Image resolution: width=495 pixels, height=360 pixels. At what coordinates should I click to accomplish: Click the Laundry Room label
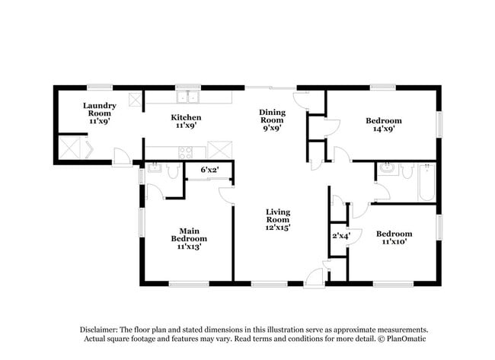coord(100,113)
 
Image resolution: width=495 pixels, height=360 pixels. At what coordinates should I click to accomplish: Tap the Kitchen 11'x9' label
coord(186,121)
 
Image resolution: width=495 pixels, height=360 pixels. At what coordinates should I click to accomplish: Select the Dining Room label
coord(272,120)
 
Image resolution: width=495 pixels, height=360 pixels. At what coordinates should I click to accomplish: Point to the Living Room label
coord(278,220)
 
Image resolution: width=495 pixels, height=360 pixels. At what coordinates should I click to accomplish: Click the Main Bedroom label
coord(189,239)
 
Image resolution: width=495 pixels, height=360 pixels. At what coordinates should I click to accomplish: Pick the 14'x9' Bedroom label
coord(384,124)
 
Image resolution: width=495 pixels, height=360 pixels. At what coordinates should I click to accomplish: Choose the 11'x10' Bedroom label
coord(394,237)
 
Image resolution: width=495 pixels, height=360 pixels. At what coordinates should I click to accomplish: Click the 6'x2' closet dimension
coord(210,170)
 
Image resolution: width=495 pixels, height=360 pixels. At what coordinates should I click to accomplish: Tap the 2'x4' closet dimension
coord(340,236)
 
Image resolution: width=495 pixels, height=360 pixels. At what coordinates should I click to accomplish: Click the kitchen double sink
coord(187,97)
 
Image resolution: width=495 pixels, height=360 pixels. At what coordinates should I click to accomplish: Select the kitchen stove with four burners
coord(186,153)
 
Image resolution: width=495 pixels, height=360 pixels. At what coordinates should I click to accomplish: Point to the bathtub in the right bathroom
coord(426,182)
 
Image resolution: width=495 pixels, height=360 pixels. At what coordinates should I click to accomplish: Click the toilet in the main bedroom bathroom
coord(173,170)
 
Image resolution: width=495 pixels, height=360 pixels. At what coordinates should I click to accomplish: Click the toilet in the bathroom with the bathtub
coord(407,170)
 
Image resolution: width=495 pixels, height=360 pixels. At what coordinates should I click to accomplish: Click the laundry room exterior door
coord(123,157)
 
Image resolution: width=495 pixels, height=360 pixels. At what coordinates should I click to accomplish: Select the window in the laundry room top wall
coord(100,88)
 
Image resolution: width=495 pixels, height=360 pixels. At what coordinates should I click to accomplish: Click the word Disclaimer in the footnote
coord(98,330)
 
